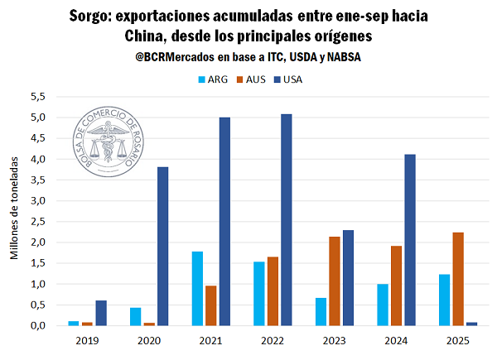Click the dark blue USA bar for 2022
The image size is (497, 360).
pyautogui.click(x=287, y=219)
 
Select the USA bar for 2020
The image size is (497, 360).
pyautogui.click(x=163, y=246)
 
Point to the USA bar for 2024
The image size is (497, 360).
pyautogui.click(x=409, y=240)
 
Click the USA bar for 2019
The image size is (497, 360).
pyautogui.click(x=101, y=313)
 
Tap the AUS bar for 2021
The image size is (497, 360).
pyautogui.click(x=211, y=305)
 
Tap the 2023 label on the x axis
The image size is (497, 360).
pyautogui.click(x=334, y=339)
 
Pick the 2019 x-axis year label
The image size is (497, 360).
pyautogui.click(x=87, y=339)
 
